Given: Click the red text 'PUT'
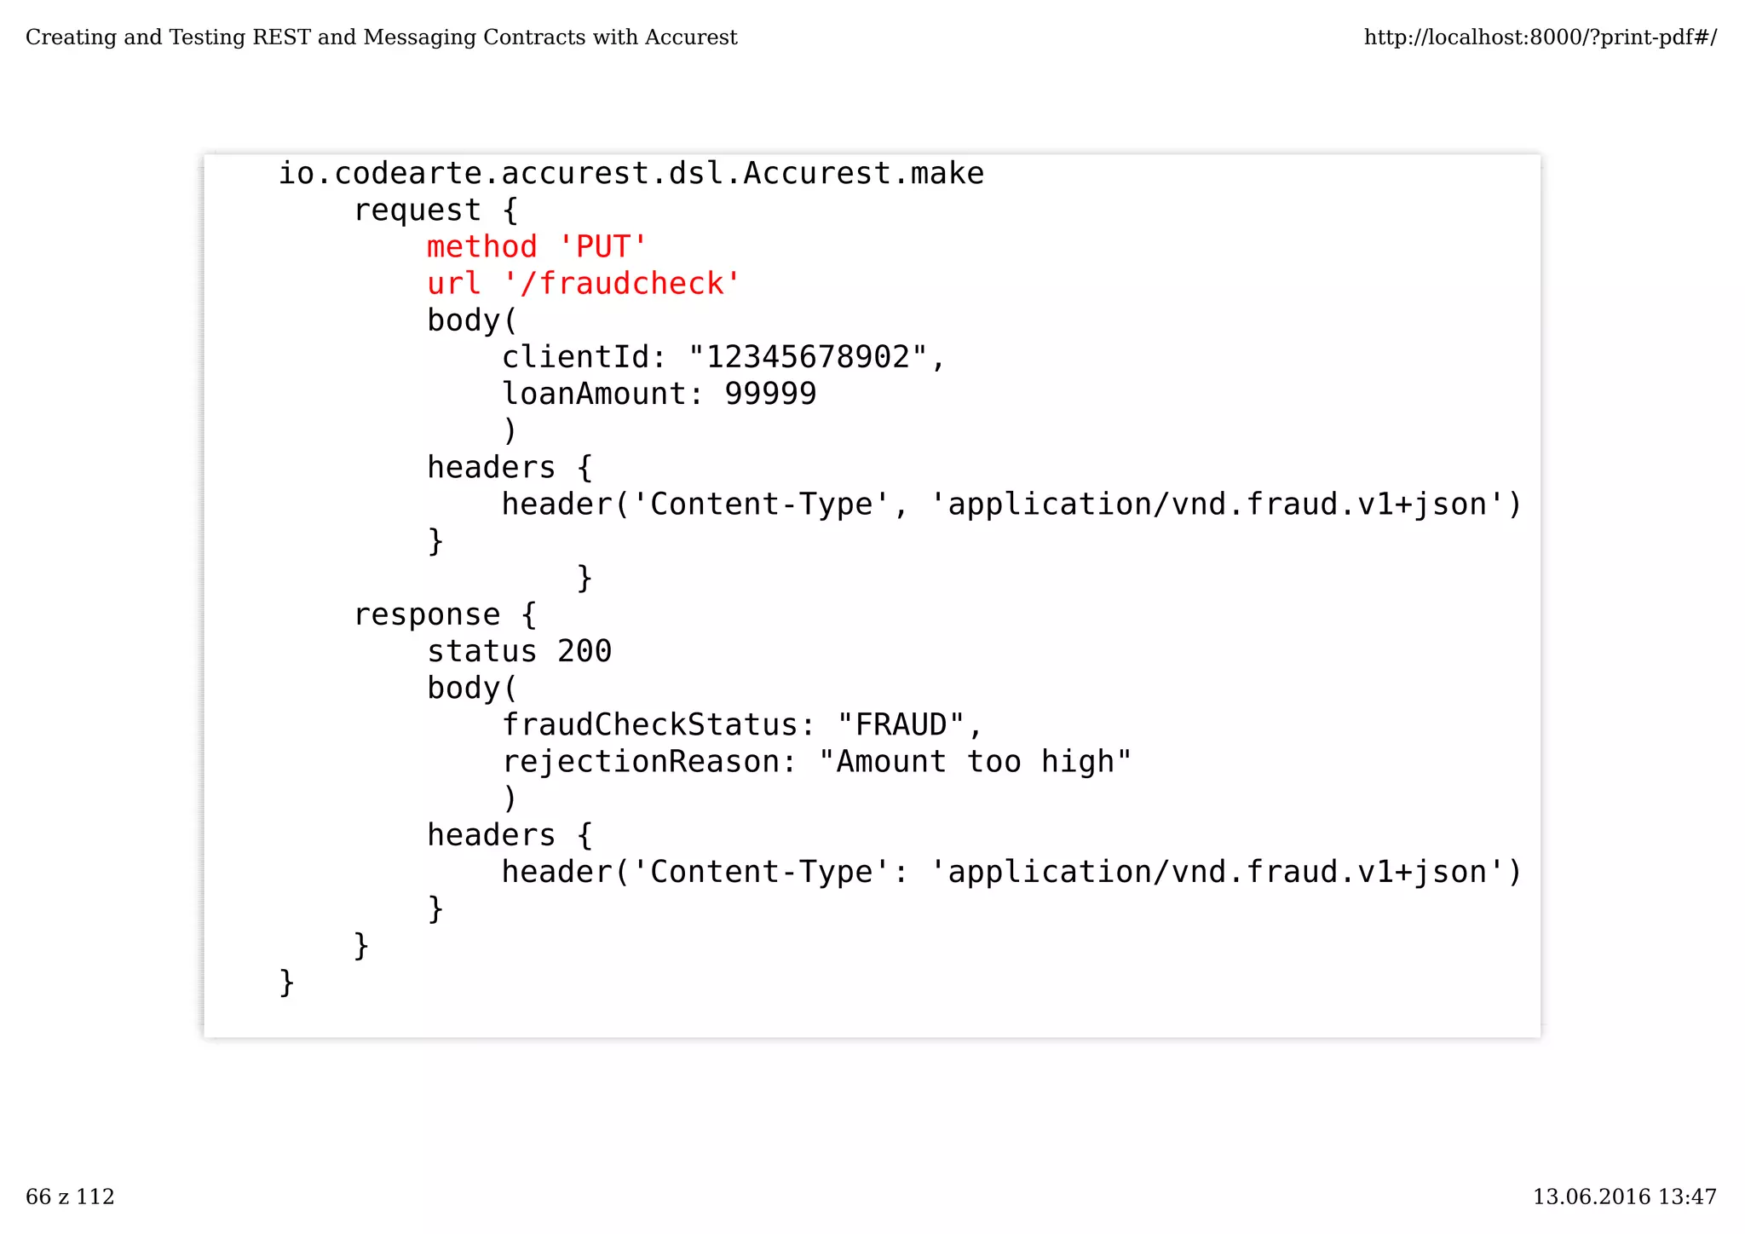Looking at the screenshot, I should (x=602, y=247).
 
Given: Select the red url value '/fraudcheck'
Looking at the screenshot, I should (x=621, y=284).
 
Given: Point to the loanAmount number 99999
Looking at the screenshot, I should (x=770, y=394).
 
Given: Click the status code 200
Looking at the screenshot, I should (x=585, y=651).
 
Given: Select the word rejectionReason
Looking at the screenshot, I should (x=640, y=761).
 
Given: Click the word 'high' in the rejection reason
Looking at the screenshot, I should (x=1078, y=761).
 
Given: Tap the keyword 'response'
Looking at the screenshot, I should (x=427, y=614).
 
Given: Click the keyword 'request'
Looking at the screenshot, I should (x=418, y=210).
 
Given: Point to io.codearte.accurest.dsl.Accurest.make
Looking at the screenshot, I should (x=631, y=174).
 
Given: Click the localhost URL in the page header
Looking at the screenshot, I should (x=1540, y=37).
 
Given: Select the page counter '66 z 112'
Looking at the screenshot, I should (x=70, y=1197).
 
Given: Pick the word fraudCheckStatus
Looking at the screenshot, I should (x=649, y=724).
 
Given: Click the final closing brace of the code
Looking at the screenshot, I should (x=287, y=982).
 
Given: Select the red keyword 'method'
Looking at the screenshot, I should (x=482, y=247).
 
